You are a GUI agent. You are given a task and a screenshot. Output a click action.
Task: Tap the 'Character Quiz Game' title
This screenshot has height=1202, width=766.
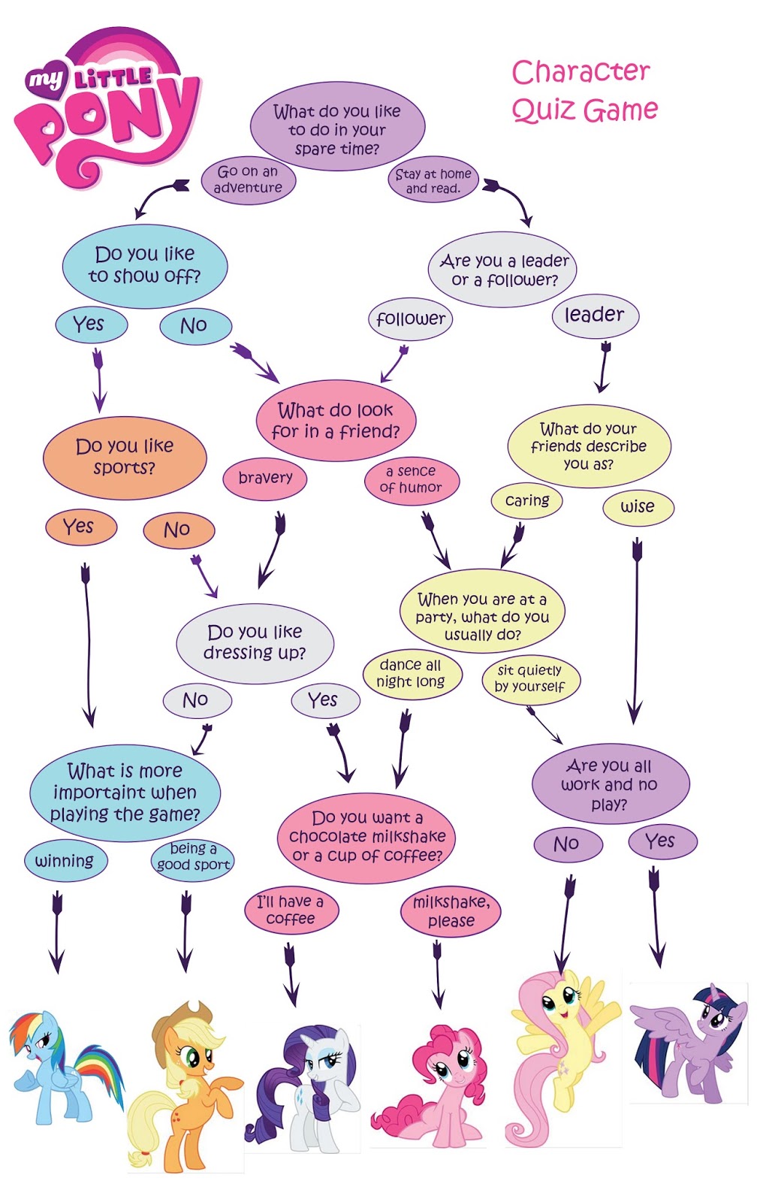584,92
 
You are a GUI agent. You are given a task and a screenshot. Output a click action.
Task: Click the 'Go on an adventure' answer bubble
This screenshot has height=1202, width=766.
248,180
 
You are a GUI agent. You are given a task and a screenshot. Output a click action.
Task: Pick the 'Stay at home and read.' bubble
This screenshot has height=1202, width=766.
433,181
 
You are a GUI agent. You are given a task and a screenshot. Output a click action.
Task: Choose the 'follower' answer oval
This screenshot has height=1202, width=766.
411,319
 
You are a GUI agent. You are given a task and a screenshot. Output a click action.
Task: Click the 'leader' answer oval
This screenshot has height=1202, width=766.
594,315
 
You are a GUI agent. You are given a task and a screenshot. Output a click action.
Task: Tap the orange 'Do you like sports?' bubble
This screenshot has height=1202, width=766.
125,457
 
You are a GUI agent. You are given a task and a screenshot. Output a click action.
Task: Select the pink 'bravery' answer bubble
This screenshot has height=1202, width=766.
265,478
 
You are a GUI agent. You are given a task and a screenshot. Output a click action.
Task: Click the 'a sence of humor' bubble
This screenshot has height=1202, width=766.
411,479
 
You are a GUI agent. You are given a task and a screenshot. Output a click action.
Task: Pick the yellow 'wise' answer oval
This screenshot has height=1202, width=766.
638,507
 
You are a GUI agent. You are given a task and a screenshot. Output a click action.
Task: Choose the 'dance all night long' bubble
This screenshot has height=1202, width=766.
411,674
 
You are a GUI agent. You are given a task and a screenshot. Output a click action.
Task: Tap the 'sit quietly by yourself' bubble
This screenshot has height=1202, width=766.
530,678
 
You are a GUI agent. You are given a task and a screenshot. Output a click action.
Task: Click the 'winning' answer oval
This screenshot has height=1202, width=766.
65,861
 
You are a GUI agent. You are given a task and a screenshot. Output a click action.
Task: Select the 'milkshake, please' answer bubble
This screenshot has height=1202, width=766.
451,912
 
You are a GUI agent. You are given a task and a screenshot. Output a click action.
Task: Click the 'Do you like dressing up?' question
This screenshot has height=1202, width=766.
255,642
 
